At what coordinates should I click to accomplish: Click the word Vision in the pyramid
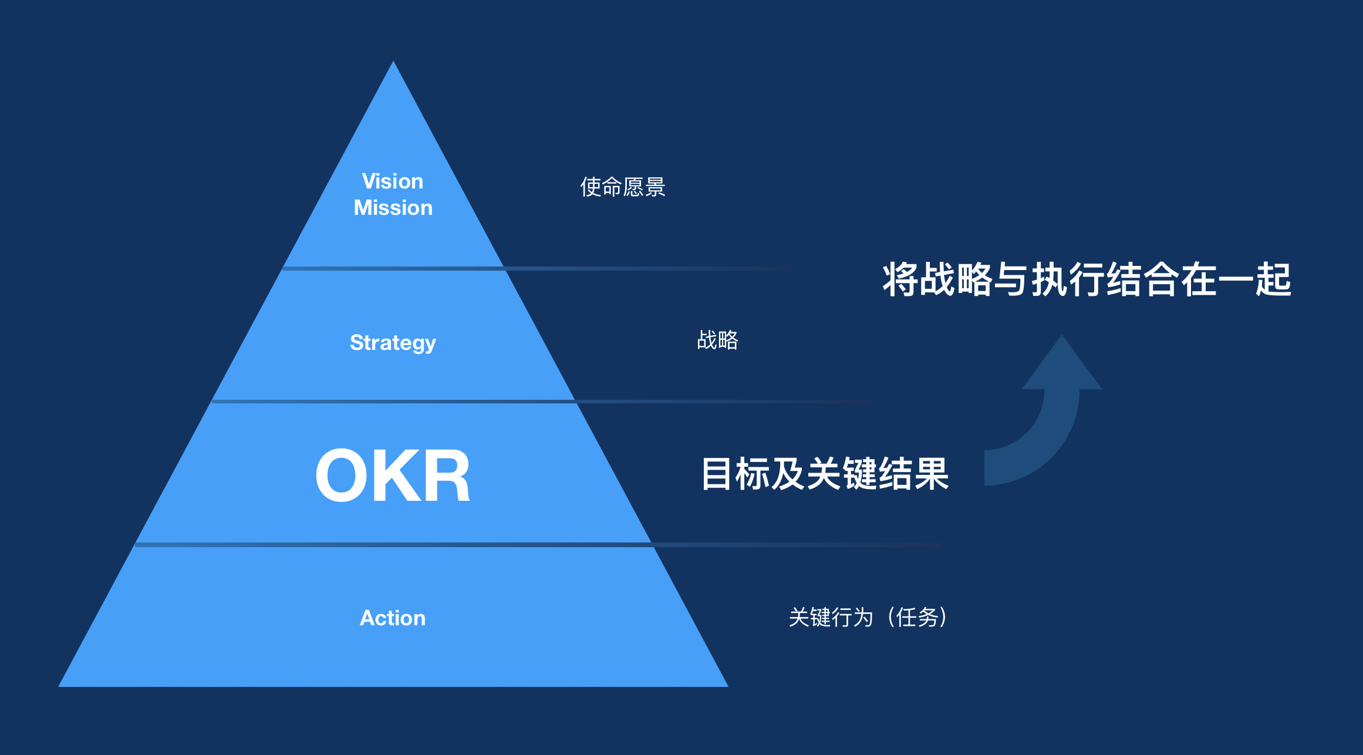(x=392, y=181)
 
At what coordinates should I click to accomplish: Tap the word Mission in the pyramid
(x=393, y=208)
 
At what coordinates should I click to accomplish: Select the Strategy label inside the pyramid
(x=393, y=342)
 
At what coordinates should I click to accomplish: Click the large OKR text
(x=393, y=476)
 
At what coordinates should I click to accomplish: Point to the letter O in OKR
(x=341, y=476)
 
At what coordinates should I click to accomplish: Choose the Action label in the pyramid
(x=392, y=618)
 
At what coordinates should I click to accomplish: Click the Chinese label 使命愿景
(x=622, y=187)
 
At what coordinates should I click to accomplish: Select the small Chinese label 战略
(x=717, y=340)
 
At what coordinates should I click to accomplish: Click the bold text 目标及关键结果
(x=825, y=474)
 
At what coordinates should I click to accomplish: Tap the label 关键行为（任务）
(x=868, y=618)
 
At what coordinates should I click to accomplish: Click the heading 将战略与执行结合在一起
(x=1087, y=279)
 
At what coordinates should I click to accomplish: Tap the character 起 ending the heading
(x=1273, y=279)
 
